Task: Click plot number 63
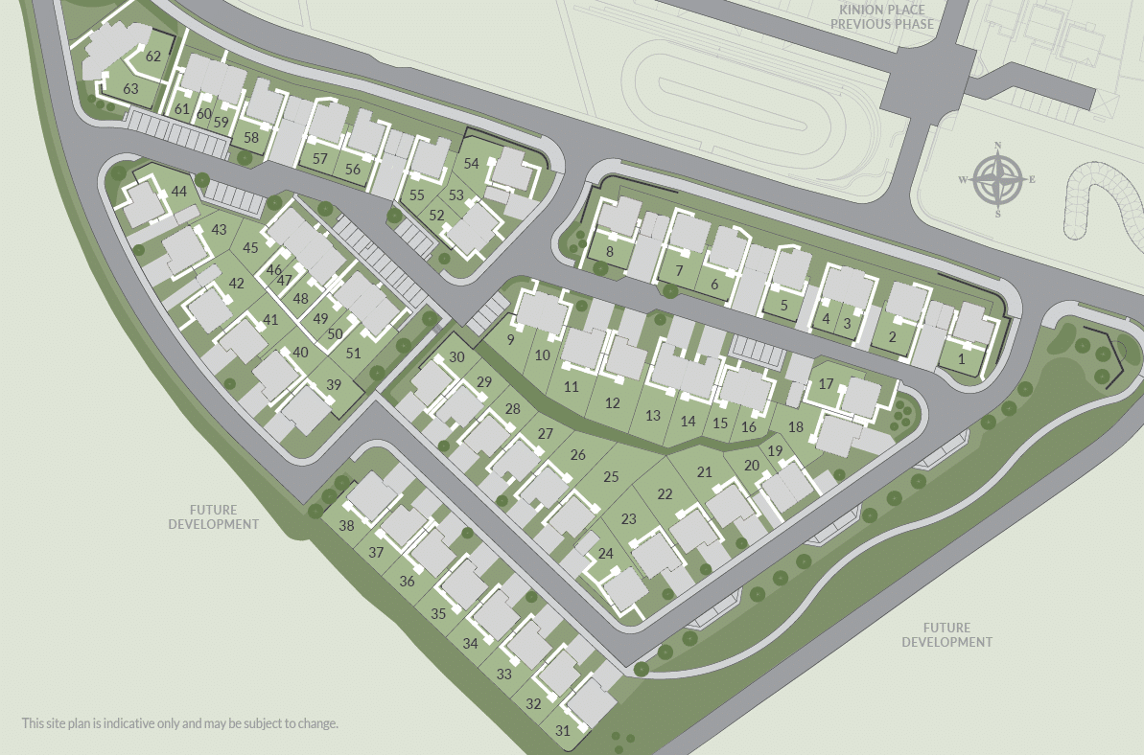coord(131,89)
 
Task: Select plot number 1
coord(962,359)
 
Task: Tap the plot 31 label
coord(563,731)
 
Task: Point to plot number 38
coord(346,526)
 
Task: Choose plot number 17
coord(826,385)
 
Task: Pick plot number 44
coord(179,192)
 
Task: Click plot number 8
coord(610,252)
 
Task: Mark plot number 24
coord(605,554)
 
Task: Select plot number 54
coord(471,164)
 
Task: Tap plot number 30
coord(456,357)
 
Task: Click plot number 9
coord(511,339)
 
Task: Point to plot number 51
coord(354,353)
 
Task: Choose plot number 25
coord(611,476)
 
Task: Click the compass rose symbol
coord(997,180)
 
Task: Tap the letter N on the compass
coord(998,146)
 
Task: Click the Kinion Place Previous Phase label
coord(881,16)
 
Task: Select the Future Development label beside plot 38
coord(214,517)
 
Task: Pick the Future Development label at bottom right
coord(946,635)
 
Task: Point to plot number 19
coord(775,451)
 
